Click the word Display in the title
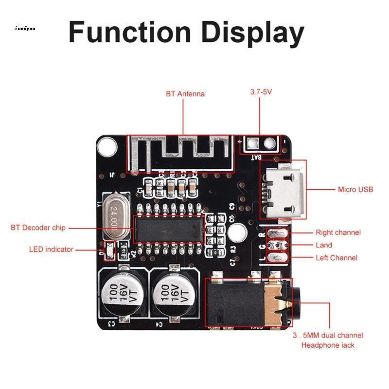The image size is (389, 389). click(253, 33)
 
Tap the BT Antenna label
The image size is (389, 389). click(185, 93)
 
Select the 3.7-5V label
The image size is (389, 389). click(260, 91)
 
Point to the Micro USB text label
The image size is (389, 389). click(355, 189)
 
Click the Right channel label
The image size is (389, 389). click(338, 232)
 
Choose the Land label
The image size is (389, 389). click(324, 245)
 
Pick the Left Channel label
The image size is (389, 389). click(336, 258)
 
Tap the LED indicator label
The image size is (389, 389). click(51, 249)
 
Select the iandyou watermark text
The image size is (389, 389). click(25, 28)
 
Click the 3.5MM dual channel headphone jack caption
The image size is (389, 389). click(327, 340)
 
